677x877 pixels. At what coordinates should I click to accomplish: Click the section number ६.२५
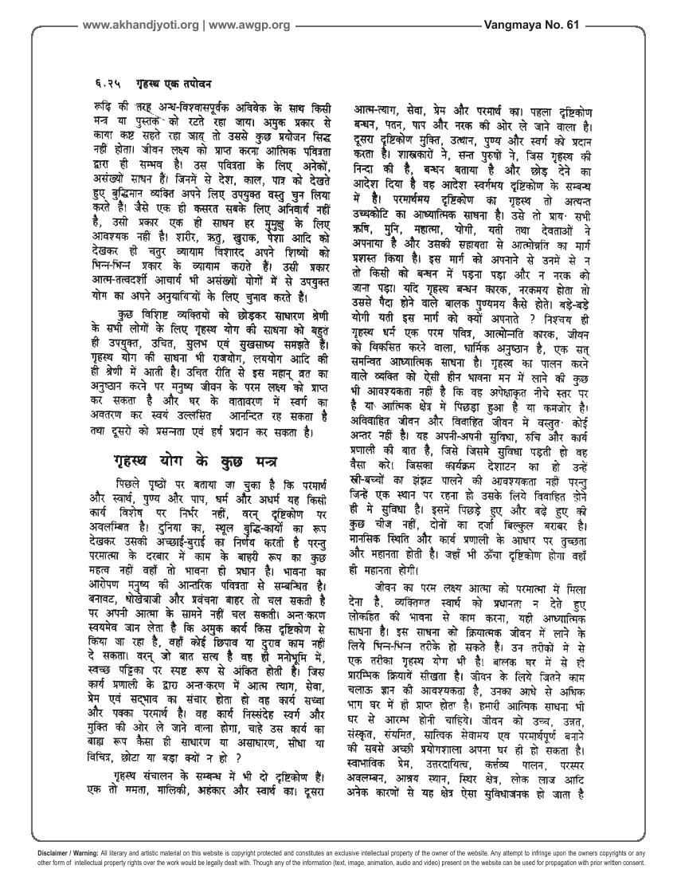click(100, 81)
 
